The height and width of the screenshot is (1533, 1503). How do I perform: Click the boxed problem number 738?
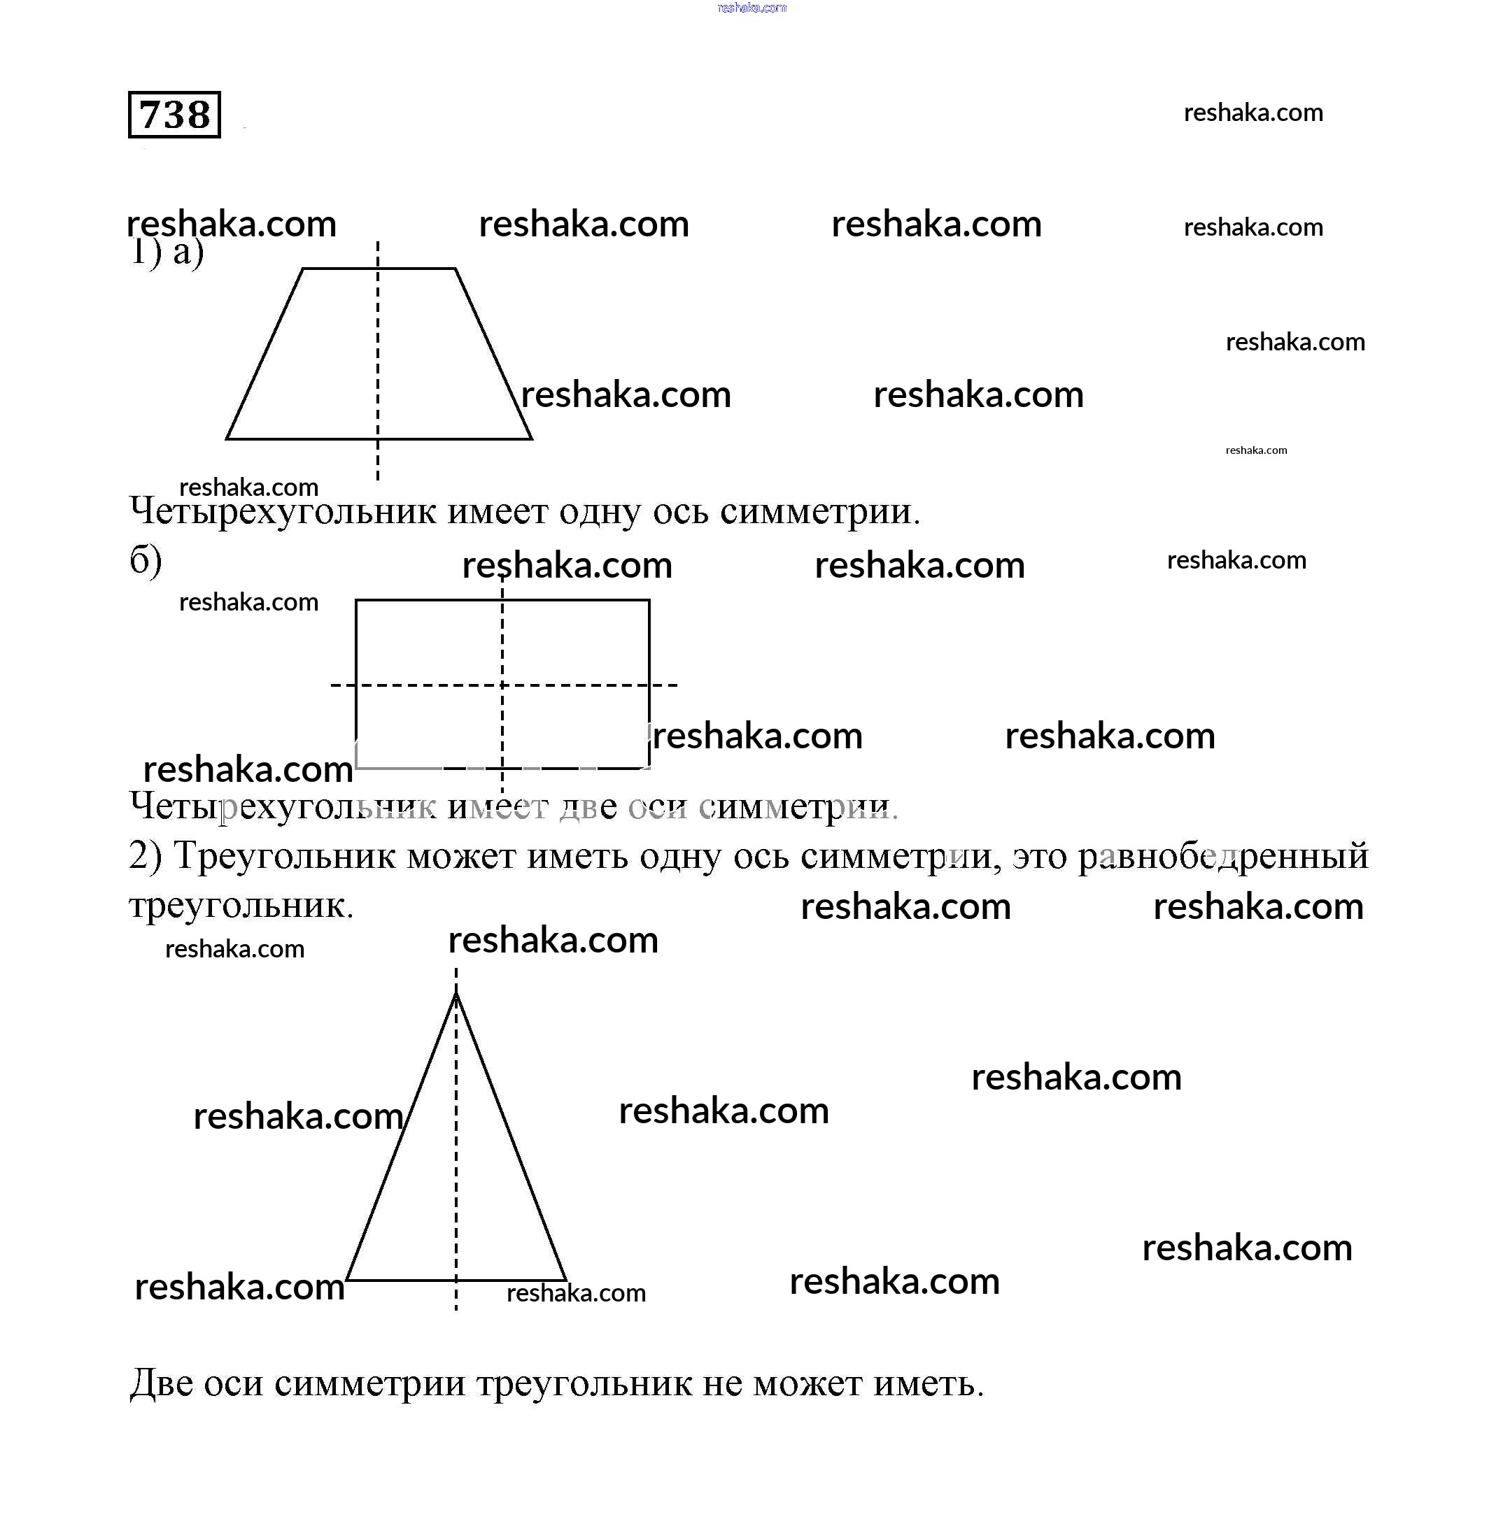tap(174, 115)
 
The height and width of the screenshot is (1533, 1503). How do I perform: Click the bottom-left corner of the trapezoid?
tap(227, 438)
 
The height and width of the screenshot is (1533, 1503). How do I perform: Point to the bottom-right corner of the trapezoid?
tap(531, 438)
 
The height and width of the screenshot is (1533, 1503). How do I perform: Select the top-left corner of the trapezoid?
tap(303, 269)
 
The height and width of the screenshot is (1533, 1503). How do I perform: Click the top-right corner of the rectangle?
tap(649, 601)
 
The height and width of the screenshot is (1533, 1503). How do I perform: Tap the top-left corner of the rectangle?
tap(357, 601)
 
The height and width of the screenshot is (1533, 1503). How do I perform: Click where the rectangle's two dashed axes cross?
tap(503, 685)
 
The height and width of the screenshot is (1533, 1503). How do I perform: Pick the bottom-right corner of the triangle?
tap(565, 1280)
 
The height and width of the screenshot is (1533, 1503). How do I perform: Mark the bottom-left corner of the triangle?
tap(347, 1280)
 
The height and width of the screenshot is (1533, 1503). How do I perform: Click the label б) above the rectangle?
tap(146, 560)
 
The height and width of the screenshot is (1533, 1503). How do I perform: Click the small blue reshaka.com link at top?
tap(751, 8)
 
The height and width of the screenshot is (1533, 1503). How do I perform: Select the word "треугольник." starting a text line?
tap(241, 906)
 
